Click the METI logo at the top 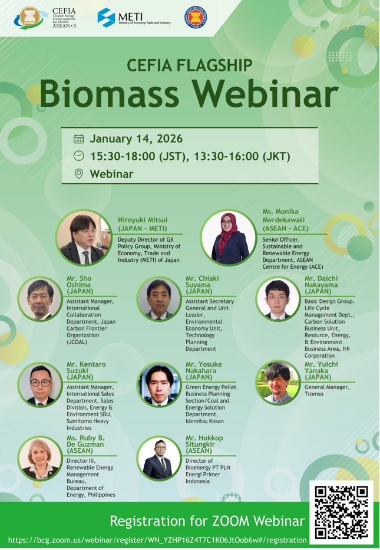(x=134, y=18)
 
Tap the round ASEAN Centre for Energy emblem (x=195, y=18)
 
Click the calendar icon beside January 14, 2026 (x=79, y=139)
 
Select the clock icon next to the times (x=79, y=156)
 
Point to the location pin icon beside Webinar (x=79, y=174)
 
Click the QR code (x=341, y=512)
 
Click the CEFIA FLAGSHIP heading (x=190, y=65)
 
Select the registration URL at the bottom (x=157, y=540)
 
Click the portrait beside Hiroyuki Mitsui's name (x=84, y=238)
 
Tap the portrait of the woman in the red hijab (x=229, y=238)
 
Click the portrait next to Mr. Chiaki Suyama (x=159, y=298)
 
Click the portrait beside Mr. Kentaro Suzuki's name (x=40, y=384)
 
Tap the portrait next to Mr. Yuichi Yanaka (x=278, y=383)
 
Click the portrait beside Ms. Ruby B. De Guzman (x=40, y=458)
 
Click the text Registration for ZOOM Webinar (x=207, y=521)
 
